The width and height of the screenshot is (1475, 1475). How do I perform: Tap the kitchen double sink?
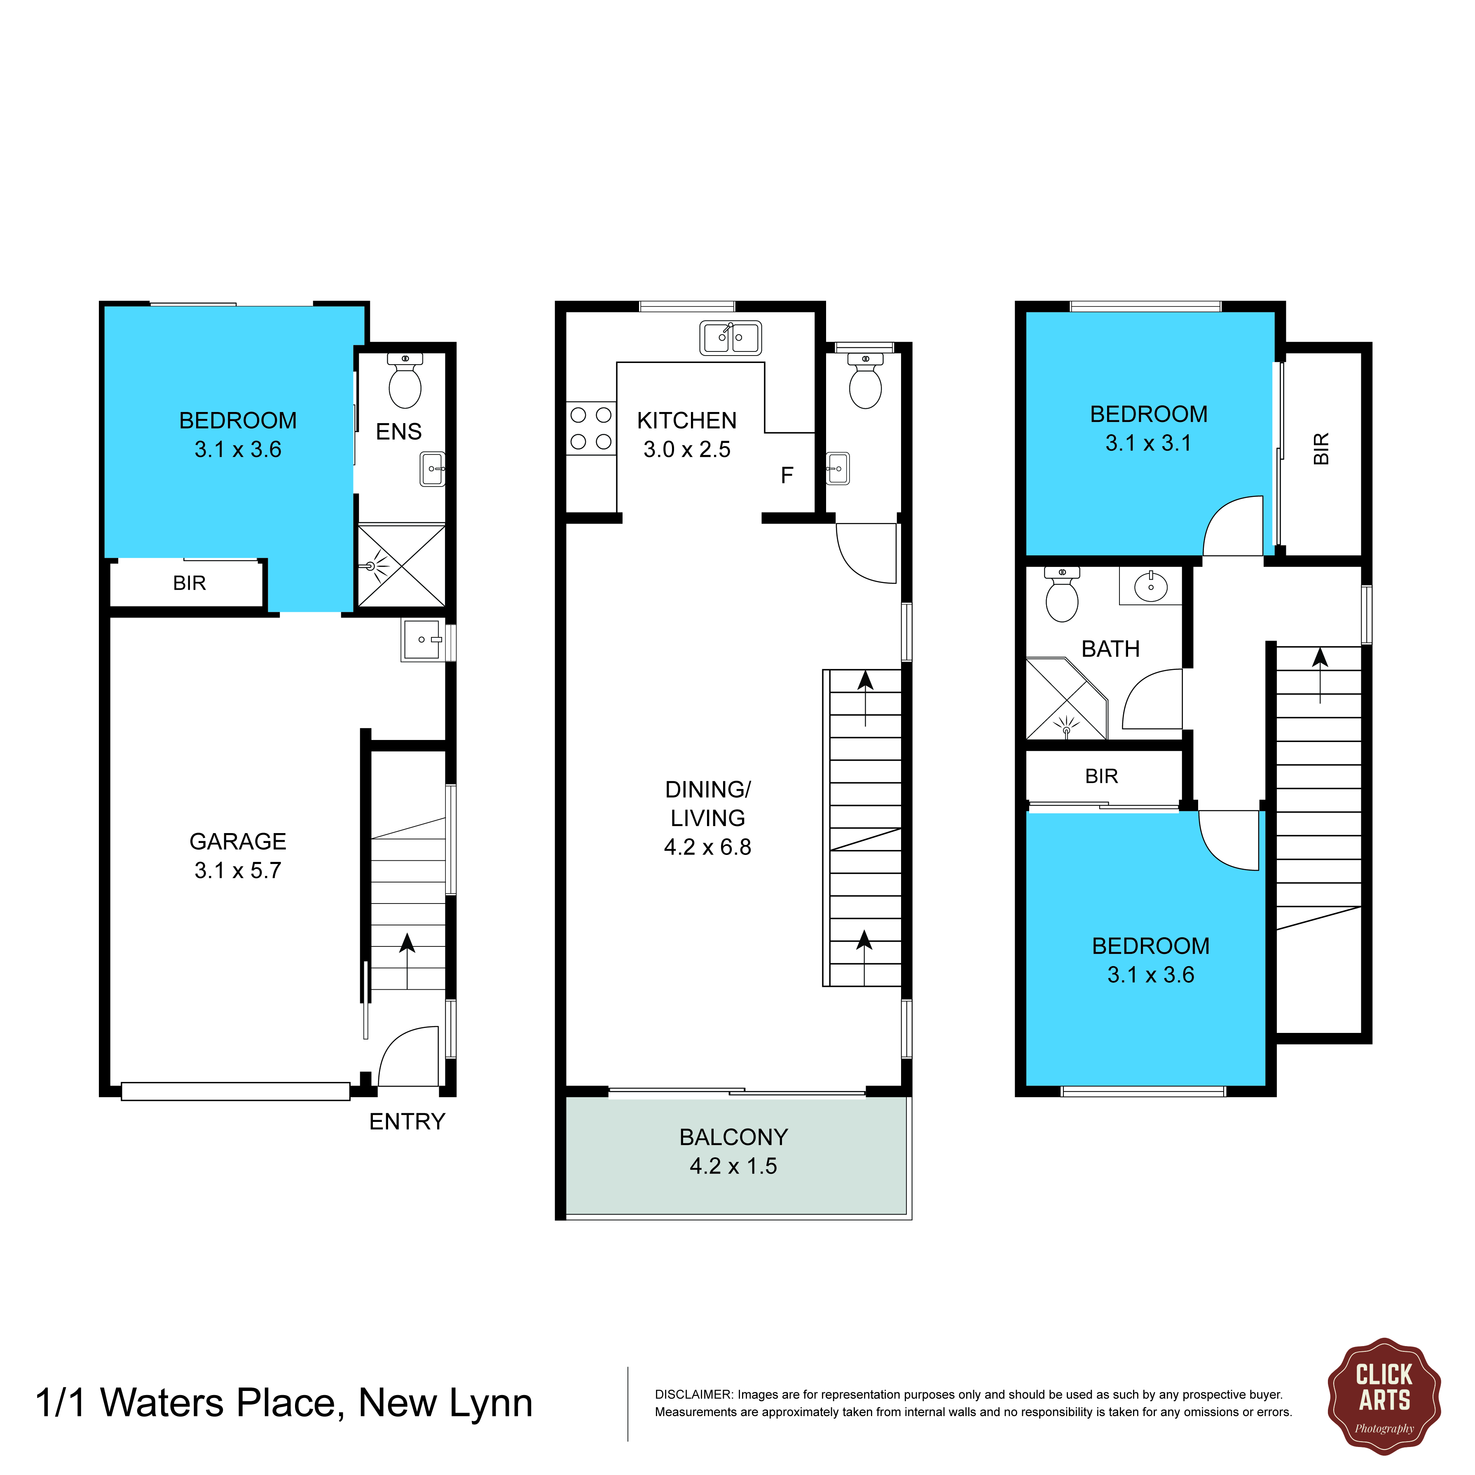pyautogui.click(x=730, y=337)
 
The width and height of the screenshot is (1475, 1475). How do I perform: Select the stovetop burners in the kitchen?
pyautogui.click(x=591, y=428)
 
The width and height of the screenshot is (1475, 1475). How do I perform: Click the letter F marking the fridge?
pyautogui.click(x=787, y=475)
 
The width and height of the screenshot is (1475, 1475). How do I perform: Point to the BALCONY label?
pyautogui.click(x=734, y=1138)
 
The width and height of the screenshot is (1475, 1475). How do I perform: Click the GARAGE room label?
pyautogui.click(x=238, y=841)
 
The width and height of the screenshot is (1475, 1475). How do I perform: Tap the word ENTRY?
pyautogui.click(x=407, y=1121)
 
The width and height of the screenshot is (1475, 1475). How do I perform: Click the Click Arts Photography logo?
pyautogui.click(x=1384, y=1396)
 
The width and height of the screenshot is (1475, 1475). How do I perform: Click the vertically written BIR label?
pyautogui.click(x=1322, y=449)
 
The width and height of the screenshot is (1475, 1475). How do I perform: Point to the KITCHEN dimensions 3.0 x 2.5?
pyautogui.click(x=687, y=450)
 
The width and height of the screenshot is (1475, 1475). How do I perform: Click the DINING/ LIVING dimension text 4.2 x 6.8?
pyautogui.click(x=708, y=848)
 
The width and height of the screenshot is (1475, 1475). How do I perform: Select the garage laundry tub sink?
pyautogui.click(x=423, y=640)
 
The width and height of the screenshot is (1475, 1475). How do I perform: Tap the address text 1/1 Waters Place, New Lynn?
pyautogui.click(x=284, y=1403)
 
